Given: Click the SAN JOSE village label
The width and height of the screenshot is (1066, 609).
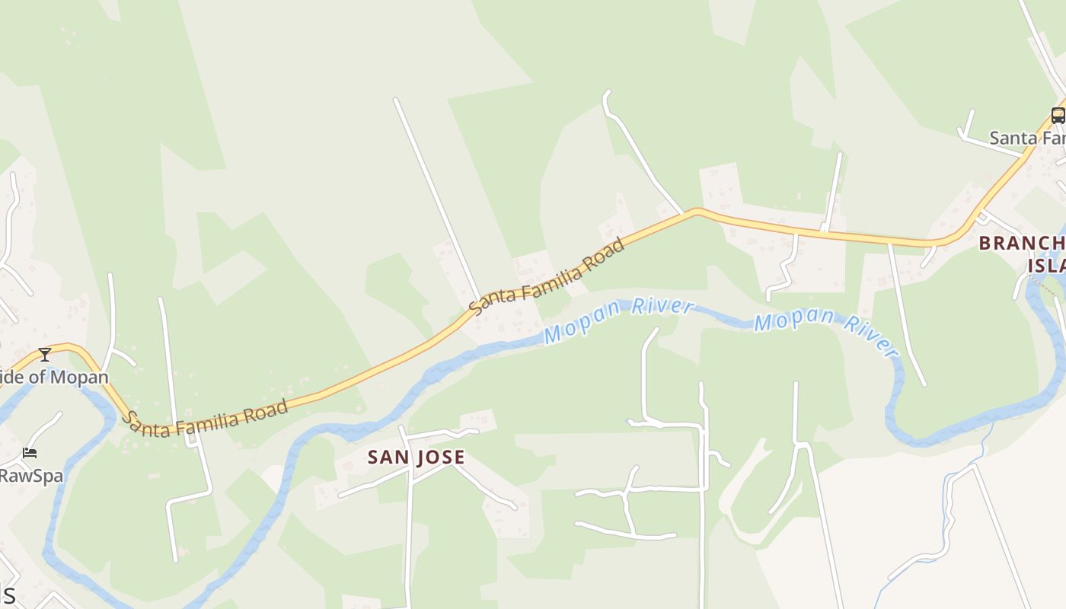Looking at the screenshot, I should (x=416, y=458).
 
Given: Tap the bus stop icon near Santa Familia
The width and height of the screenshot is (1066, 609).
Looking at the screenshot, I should (x=1058, y=116).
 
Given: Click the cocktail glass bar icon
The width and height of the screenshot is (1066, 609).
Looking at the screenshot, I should (x=45, y=354).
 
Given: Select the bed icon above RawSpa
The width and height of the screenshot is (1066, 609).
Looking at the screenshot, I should (x=30, y=453).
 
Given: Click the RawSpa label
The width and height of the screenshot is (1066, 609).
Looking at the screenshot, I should (x=31, y=476).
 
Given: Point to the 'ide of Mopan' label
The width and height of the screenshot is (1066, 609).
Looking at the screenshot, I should (x=54, y=377).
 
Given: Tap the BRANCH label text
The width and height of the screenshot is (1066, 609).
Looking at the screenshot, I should (x=1021, y=244).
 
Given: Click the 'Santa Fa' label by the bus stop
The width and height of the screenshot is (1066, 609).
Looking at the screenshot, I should (x=1026, y=139).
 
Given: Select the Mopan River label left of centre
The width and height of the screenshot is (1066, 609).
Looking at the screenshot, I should (x=618, y=320).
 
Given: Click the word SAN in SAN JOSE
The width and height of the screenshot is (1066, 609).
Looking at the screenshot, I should (x=385, y=458).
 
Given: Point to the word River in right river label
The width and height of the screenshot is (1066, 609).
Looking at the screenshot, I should (x=871, y=338).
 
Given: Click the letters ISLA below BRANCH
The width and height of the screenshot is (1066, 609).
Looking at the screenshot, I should (x=1046, y=266).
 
